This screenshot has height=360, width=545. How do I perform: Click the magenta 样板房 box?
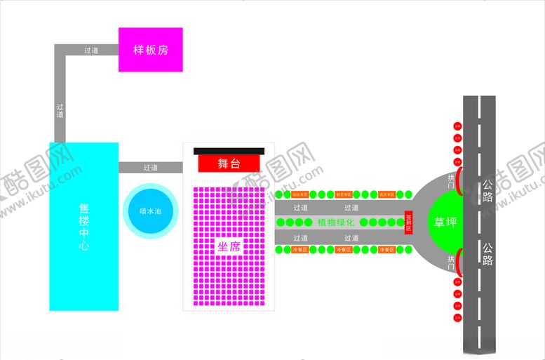tap(150, 50)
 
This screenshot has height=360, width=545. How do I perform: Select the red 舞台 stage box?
tap(229, 164)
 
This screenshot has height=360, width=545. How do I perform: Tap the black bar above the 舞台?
tap(229, 151)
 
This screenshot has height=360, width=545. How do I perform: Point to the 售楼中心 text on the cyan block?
tap(83, 227)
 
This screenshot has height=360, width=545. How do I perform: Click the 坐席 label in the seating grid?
tap(229, 246)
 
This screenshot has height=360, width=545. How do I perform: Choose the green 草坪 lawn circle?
tap(445, 222)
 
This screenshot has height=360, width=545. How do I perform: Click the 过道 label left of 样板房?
tap(91, 51)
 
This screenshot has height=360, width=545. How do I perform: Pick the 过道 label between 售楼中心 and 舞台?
tap(150, 168)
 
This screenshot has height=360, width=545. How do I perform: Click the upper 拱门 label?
tap(451, 182)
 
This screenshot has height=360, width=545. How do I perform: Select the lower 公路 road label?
tap(487, 254)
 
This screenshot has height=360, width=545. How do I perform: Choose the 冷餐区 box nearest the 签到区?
tap(386, 250)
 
